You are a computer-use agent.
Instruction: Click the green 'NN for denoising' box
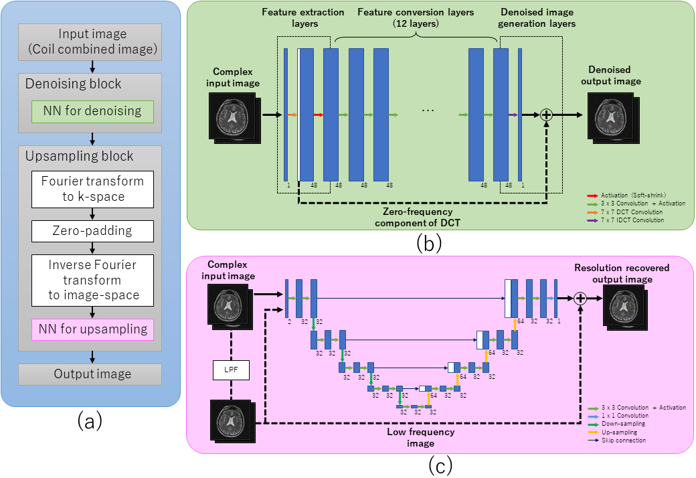point(92,112)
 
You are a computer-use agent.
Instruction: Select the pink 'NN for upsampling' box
point(92,329)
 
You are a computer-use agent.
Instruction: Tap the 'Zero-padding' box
point(92,231)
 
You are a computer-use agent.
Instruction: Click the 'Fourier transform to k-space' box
point(92,189)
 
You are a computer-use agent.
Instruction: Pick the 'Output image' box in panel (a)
point(90,374)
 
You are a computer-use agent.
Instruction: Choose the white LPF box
point(231,370)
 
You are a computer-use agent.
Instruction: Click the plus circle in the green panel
point(546,115)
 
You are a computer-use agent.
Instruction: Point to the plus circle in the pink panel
point(580,299)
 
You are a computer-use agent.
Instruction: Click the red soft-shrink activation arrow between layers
point(319,115)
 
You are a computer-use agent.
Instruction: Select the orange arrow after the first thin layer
point(292,115)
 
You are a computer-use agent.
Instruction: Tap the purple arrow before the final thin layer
point(513,115)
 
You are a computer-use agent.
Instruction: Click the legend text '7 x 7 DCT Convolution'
point(632,212)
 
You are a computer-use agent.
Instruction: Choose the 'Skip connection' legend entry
point(624,441)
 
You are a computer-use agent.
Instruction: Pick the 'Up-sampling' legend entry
point(619,432)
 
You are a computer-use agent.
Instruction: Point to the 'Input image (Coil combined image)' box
point(90,42)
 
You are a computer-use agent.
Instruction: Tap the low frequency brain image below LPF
point(232,421)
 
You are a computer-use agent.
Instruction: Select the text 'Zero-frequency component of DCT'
point(418,217)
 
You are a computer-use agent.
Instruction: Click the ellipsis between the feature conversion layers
point(428,110)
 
